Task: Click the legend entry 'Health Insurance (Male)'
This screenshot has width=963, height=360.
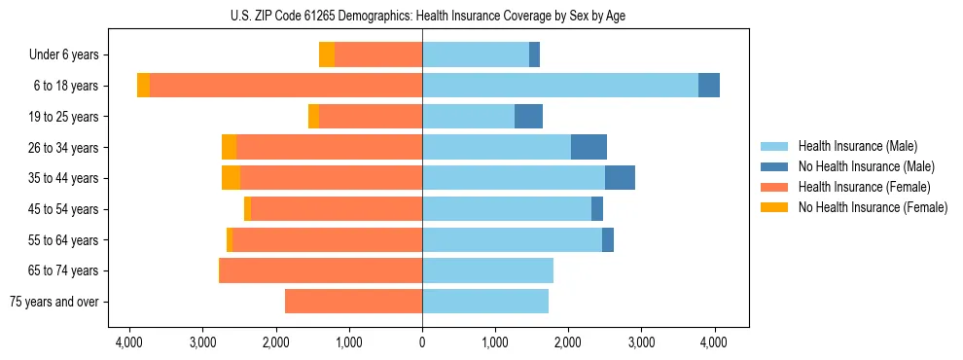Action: [x=857, y=146]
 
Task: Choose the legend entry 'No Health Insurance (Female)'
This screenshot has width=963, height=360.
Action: [x=873, y=207]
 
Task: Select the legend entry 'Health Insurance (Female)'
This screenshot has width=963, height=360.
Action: [x=864, y=187]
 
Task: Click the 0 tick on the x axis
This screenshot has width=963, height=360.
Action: [x=422, y=342]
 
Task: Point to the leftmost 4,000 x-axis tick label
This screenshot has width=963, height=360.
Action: [x=129, y=342]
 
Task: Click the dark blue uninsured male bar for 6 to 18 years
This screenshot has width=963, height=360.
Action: [x=709, y=86]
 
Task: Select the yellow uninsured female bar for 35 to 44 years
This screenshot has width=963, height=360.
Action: [x=231, y=178]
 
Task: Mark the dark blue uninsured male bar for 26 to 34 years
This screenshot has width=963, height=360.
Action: [x=588, y=147]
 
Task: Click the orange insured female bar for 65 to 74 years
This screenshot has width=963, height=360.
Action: [x=320, y=270]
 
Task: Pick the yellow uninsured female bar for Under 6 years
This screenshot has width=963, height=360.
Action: [x=327, y=55]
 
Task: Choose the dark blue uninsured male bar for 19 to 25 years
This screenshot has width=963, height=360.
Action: [x=528, y=117]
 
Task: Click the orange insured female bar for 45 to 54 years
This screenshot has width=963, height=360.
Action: [x=337, y=209]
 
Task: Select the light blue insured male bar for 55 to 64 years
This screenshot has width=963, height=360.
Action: [x=512, y=240]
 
